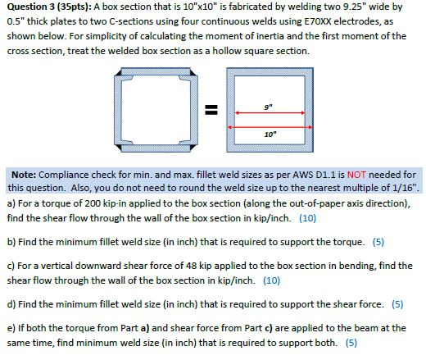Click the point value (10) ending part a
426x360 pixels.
(x=307, y=219)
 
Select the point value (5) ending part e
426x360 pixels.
(x=351, y=340)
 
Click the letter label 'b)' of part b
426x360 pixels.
(x=11, y=243)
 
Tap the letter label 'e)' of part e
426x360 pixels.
(x=11, y=327)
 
